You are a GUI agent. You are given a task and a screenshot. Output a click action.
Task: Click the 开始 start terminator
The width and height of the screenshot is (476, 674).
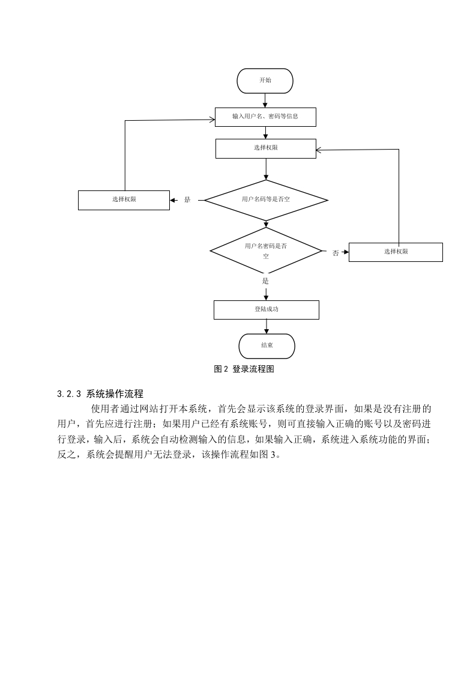(265, 81)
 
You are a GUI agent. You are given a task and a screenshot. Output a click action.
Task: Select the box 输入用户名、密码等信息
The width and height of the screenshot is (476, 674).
(265, 117)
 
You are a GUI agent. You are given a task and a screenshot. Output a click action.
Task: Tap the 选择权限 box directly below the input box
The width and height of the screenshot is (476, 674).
(265, 148)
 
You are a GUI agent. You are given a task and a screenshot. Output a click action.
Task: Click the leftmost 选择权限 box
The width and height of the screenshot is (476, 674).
(124, 200)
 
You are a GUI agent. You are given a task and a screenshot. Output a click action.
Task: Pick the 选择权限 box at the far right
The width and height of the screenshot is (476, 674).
(396, 252)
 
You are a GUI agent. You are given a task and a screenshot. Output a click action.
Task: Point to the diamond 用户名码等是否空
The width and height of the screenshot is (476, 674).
(266, 200)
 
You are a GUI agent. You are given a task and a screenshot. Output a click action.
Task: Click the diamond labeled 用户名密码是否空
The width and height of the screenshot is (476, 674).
(266, 251)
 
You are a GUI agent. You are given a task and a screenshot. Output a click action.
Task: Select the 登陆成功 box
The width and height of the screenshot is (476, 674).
(267, 309)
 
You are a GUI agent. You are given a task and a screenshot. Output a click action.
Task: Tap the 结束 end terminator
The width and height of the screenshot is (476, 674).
(267, 346)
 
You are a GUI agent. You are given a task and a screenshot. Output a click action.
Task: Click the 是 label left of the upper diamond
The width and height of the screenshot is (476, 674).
(187, 200)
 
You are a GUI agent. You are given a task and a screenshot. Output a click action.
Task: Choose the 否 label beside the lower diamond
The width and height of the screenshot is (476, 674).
(336, 253)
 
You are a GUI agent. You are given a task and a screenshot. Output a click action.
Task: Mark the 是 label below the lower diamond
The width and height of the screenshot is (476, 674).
(265, 281)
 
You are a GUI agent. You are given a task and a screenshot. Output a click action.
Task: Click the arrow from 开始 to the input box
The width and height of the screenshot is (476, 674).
(265, 100)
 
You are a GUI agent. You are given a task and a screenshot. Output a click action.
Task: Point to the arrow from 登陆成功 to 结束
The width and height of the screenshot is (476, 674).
(267, 326)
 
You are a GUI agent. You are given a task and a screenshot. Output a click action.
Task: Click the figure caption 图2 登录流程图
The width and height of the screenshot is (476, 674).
(244, 369)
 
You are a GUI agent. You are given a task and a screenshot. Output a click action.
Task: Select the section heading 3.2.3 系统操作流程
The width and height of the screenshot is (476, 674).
(100, 393)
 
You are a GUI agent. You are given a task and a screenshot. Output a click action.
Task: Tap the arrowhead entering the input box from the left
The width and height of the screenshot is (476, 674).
(212, 120)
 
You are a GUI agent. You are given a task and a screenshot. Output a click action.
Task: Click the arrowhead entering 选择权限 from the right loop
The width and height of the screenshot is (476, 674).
(319, 150)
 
